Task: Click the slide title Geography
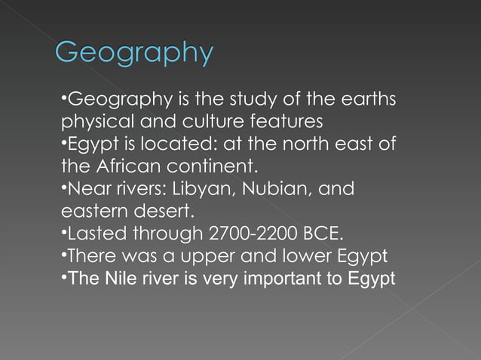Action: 135,54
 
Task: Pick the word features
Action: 283,121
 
